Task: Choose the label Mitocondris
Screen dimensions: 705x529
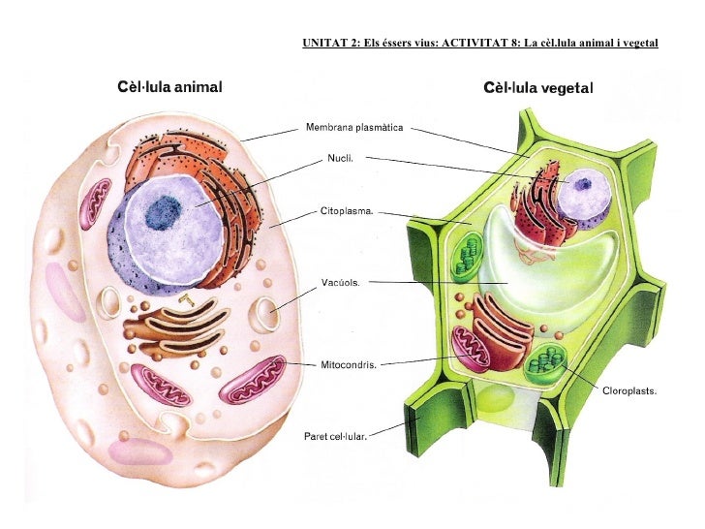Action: tap(349, 365)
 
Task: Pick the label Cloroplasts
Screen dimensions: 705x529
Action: tap(630, 392)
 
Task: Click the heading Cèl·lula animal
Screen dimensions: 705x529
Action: tap(169, 88)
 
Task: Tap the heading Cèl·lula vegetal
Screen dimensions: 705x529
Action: tap(538, 88)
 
